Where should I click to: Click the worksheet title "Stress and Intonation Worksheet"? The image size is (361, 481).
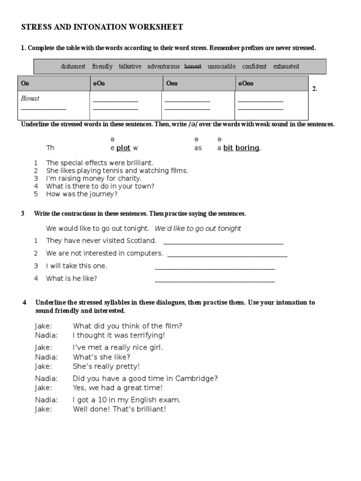[x=102, y=28]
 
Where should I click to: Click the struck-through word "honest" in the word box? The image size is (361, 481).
[x=193, y=67]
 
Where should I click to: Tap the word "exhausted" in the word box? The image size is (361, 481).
[x=286, y=67]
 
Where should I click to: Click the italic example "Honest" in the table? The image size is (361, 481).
[x=30, y=99]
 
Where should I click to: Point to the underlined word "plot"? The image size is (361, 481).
[x=123, y=148]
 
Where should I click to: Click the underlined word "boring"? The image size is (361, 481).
[x=247, y=148]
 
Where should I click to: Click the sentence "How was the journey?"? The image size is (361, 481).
[x=82, y=194]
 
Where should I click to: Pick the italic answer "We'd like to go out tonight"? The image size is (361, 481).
[x=198, y=228]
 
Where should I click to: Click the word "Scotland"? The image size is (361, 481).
[x=140, y=240]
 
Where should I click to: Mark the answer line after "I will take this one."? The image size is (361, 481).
[x=215, y=269]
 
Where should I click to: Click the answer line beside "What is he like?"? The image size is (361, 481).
[x=215, y=281]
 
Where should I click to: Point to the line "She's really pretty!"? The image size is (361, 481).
[x=106, y=366]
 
